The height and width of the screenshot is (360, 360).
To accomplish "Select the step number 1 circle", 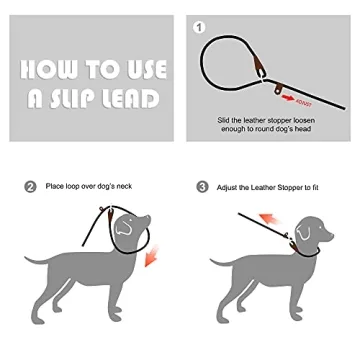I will tap(198, 27).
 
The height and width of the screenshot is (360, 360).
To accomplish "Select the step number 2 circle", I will tap(30, 186).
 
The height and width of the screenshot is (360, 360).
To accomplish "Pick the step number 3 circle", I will tap(203, 187).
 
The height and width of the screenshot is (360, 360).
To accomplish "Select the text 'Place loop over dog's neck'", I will tap(88, 186).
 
